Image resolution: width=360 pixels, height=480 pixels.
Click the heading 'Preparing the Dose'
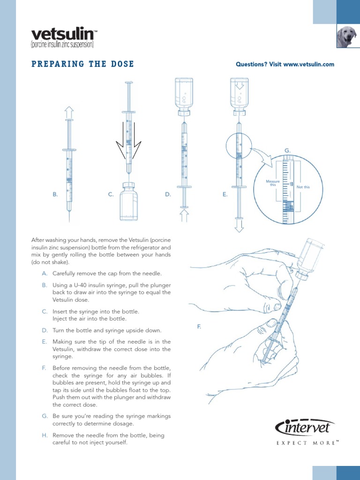82,64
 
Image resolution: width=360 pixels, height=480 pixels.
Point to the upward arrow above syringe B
69,112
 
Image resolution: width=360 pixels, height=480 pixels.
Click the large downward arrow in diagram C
128,141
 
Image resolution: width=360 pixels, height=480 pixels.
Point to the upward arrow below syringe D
184,216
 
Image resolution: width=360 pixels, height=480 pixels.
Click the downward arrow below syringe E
239,226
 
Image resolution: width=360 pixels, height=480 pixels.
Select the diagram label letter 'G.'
288,150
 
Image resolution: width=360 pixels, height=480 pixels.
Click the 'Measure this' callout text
273,183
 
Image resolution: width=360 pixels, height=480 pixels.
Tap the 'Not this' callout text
303,187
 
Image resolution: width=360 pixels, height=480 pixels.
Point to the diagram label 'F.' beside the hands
199,326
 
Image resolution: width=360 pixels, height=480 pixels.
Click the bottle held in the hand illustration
309,258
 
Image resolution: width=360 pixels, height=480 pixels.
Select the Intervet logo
305,427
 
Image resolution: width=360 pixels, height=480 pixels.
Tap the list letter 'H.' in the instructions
45,435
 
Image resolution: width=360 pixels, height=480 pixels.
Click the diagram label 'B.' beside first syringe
55,194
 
